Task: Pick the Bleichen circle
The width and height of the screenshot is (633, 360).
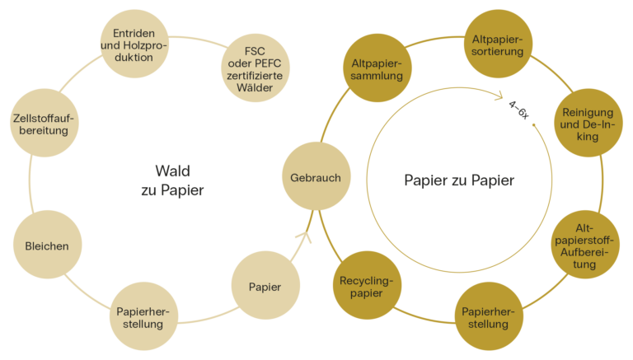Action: pos(47,245)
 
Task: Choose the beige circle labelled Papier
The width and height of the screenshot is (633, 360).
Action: pos(265,287)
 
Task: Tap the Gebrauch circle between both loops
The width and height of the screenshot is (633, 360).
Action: pos(316,177)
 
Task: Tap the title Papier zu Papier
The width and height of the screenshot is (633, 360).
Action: pos(459,180)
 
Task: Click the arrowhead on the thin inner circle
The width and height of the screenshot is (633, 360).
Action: pos(500,96)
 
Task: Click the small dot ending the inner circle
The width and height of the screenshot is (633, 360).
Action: pos(534,125)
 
